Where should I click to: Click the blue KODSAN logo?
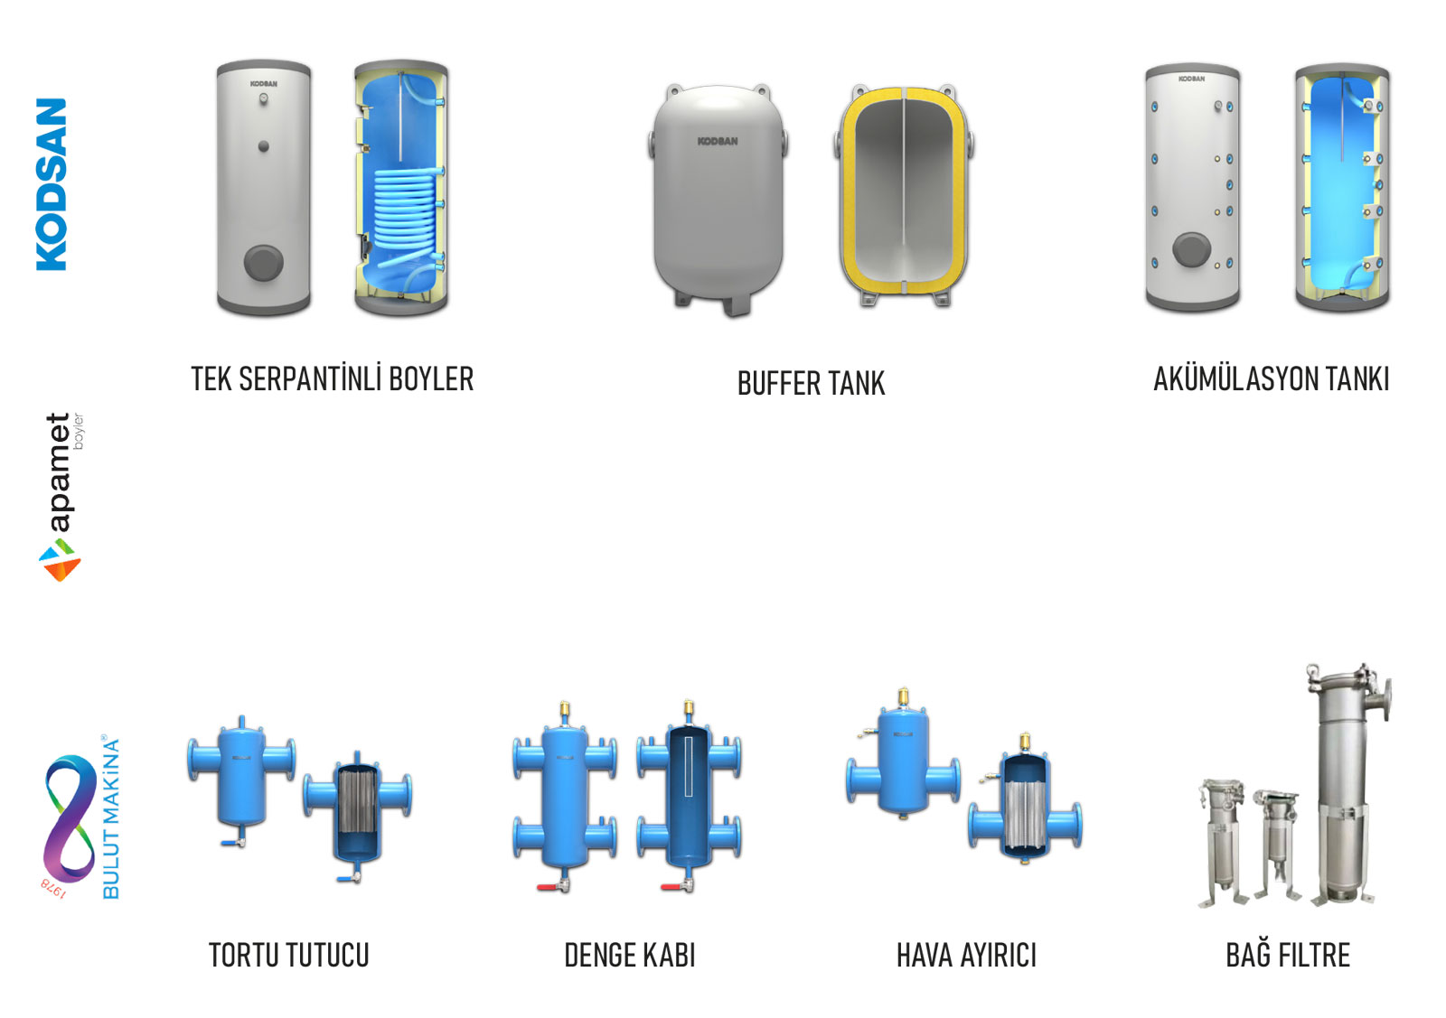pos(51,184)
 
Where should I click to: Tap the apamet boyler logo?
pos(61,498)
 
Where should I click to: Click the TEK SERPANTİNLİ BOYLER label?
pos(333,378)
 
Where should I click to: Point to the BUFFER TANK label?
pos(811,383)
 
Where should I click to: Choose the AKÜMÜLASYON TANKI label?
pos(1271,378)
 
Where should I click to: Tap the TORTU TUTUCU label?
pos(288,956)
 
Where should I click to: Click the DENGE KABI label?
pos(629,956)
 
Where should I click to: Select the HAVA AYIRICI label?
pos(966,956)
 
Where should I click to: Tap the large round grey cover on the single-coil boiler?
pos(263,263)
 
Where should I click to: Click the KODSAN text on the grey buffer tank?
pos(718,141)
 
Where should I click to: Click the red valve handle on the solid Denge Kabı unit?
pos(548,888)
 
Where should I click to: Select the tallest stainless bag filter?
pos(1346,783)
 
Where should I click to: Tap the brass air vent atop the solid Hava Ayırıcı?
pos(904,697)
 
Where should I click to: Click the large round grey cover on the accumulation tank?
pos(1191,250)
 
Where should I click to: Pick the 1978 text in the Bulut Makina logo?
pos(53,888)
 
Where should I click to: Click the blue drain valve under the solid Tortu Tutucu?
pos(232,842)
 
